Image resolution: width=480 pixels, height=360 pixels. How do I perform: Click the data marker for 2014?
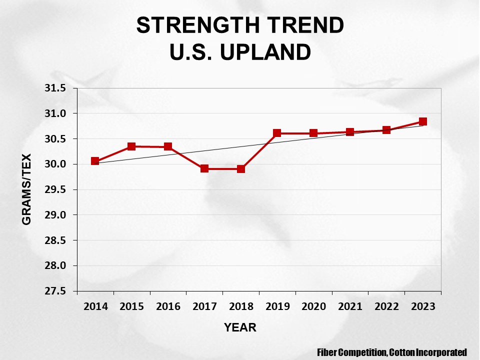tap(95, 161)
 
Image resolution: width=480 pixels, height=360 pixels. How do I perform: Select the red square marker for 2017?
tap(204, 168)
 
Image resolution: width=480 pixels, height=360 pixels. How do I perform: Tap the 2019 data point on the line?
tap(277, 133)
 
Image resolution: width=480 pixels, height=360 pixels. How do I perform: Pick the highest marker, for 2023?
tap(422, 121)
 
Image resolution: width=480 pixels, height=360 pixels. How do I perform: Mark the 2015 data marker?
tap(131, 146)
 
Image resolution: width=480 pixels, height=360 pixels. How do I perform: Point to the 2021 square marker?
tap(350, 132)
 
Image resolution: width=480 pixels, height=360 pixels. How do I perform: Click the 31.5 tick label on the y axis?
tap(55, 88)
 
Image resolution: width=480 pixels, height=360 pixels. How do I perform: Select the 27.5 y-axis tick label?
tap(55, 291)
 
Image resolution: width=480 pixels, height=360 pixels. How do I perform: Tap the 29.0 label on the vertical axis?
tap(55, 215)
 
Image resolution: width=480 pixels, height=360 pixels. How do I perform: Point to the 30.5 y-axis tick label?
tap(55, 139)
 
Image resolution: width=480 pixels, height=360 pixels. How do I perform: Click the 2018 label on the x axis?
tap(241, 306)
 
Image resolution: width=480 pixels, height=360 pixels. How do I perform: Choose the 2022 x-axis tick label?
tap(386, 306)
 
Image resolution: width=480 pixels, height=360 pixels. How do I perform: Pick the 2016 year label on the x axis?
tap(168, 306)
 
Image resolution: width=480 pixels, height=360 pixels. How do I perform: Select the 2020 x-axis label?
tap(313, 306)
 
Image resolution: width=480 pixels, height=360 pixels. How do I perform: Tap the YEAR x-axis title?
tap(240, 328)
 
